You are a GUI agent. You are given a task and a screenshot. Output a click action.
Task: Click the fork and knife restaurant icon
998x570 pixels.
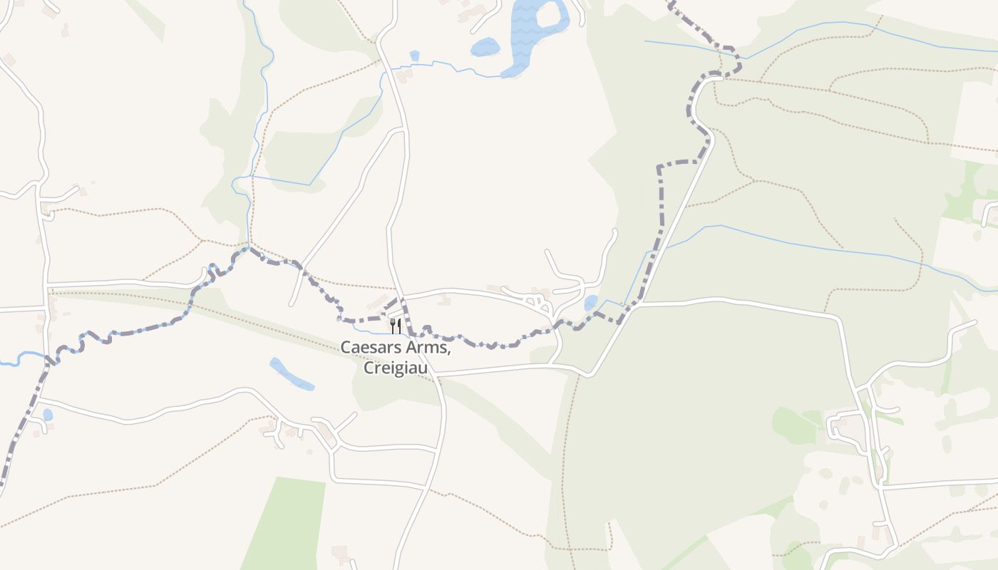[396, 326]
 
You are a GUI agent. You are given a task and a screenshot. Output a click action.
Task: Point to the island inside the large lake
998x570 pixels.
[549, 14]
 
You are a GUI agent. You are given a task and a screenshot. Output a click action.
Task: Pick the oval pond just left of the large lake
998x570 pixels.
[485, 47]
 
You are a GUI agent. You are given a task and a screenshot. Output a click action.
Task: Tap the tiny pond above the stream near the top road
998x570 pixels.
[414, 55]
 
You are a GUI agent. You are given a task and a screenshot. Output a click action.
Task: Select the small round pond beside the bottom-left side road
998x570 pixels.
[47, 415]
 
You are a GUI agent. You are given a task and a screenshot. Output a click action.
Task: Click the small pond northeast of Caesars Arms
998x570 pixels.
[591, 304]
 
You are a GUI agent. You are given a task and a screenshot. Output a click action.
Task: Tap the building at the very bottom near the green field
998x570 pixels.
[341, 552]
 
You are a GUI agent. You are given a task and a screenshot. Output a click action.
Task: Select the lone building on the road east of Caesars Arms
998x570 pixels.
[446, 300]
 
